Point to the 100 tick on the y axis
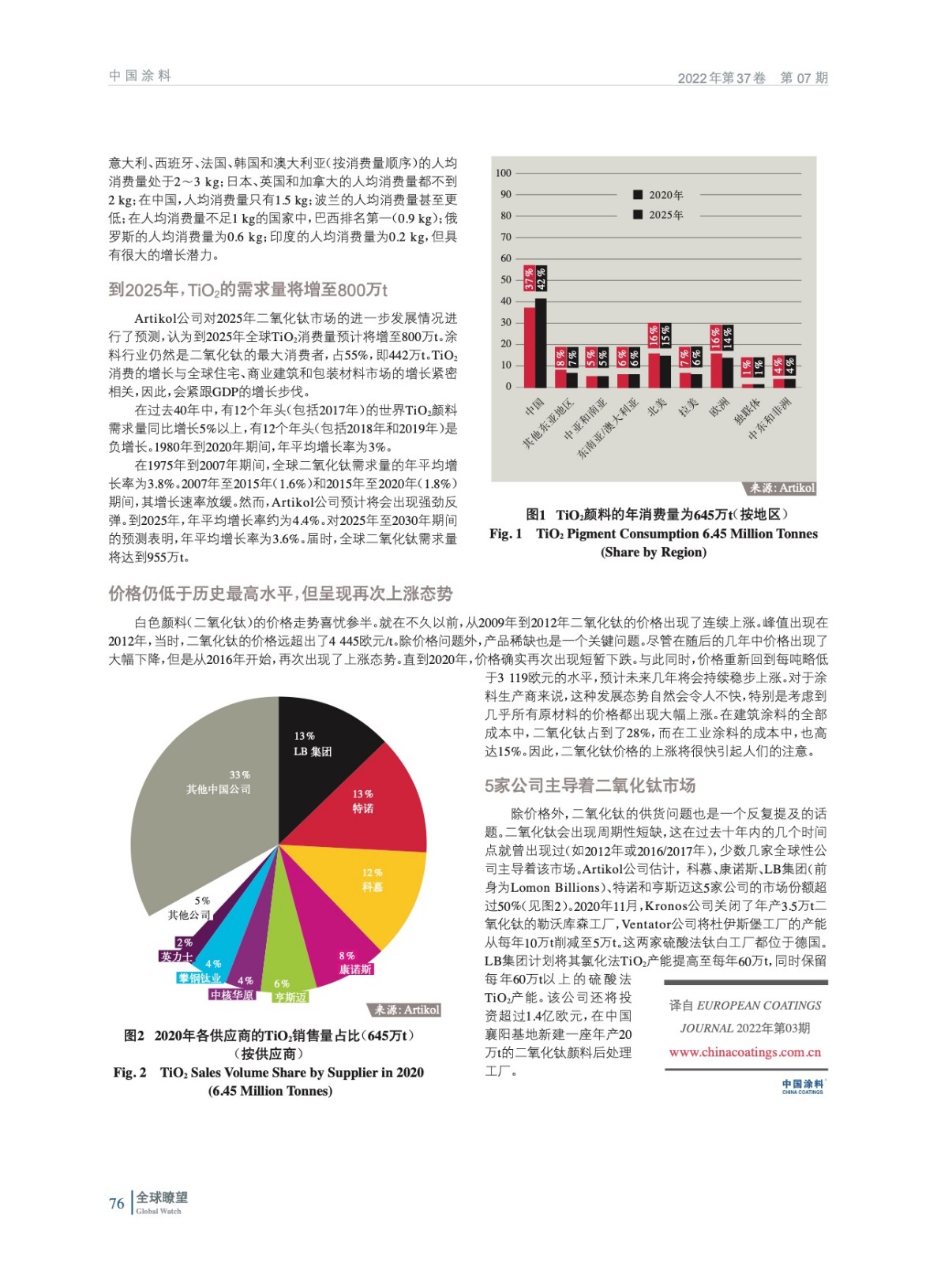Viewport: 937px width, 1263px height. (503, 173)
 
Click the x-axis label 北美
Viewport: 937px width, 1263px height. (657, 406)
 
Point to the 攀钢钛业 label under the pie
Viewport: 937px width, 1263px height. (199, 978)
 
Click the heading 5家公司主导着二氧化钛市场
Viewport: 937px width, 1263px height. (590, 785)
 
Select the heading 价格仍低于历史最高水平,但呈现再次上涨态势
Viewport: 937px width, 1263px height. (280, 594)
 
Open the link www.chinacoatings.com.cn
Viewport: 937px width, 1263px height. (744, 1052)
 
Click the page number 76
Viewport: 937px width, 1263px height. (116, 1204)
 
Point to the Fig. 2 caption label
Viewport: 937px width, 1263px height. (129, 1072)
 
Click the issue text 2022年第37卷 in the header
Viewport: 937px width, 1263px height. (721, 78)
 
